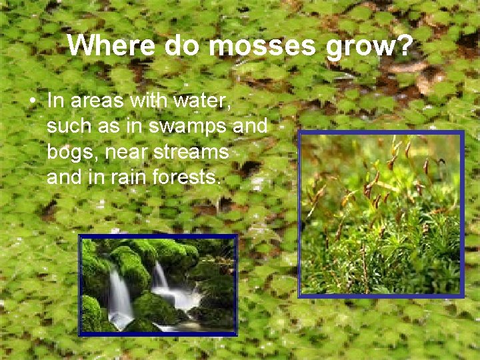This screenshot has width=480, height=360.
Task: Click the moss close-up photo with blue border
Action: [381, 213]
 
